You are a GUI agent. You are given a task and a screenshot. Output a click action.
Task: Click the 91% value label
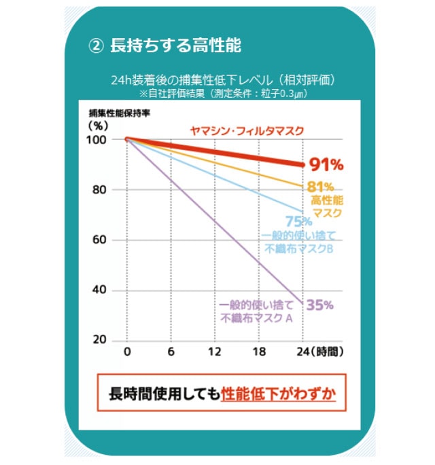coord(326,164)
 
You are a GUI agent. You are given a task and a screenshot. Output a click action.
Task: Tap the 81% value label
coord(320,187)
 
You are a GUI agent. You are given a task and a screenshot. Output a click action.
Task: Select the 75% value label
coord(299,221)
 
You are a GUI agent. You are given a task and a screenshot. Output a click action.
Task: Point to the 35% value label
coord(319,305)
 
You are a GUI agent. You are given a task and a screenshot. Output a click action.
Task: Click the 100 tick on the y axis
coord(98,139)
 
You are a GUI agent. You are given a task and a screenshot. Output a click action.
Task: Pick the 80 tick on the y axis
coord(100,189)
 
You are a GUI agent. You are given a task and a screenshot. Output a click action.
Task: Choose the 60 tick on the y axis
coord(100,240)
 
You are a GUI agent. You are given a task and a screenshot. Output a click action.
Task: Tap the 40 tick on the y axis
coord(100,290)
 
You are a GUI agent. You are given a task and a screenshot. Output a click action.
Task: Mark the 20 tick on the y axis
coord(100,340)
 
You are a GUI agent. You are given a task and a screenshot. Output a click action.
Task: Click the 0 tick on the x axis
coord(127,352)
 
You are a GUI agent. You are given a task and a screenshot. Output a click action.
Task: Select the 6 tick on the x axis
coord(171,352)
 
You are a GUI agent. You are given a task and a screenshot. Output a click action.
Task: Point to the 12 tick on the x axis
coord(214,352)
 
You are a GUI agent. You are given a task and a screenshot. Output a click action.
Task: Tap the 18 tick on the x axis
coord(258,352)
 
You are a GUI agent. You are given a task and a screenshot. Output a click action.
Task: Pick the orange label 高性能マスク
coord(328,206)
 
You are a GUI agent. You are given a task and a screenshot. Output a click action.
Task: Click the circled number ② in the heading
coord(96,45)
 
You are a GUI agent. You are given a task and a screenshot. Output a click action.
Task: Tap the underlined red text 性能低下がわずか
coord(279,394)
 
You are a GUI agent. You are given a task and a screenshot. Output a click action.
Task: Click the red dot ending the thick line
coord(301,164)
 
